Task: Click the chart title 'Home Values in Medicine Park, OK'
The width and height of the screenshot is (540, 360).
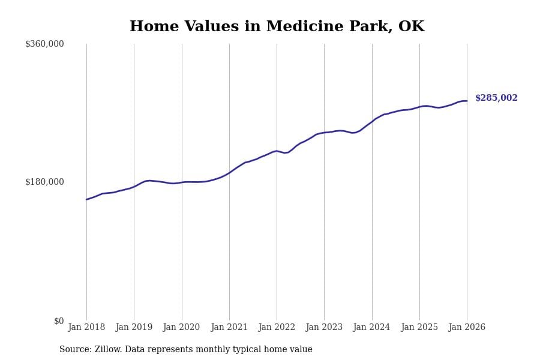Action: click(x=277, y=27)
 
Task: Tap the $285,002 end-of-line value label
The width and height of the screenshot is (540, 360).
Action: click(x=496, y=98)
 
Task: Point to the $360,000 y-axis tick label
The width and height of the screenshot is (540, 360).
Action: click(x=44, y=44)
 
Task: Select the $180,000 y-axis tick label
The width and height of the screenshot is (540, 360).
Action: click(x=44, y=182)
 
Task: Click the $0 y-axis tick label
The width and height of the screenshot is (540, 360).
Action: click(x=59, y=321)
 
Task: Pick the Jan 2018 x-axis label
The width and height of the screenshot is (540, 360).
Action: click(x=86, y=328)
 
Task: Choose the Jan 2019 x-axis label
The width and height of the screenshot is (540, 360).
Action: click(x=134, y=328)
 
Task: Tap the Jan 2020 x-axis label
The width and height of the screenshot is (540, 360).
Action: click(x=182, y=328)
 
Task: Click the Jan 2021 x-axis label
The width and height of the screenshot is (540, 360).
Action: click(x=229, y=328)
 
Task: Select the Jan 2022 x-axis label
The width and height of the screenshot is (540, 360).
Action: click(x=277, y=328)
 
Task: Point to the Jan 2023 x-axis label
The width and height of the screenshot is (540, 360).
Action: click(x=324, y=328)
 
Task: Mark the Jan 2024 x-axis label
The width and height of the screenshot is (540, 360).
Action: click(x=372, y=328)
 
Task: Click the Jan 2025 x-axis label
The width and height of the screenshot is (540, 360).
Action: click(x=419, y=328)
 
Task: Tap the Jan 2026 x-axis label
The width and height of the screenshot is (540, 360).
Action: click(x=467, y=328)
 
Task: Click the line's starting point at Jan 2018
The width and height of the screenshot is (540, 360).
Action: click(x=86, y=199)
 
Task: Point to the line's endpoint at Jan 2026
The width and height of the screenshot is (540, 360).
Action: click(x=467, y=101)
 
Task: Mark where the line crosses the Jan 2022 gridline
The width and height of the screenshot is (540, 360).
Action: click(x=277, y=151)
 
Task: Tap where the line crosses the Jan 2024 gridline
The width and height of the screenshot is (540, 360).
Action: click(x=372, y=121)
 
